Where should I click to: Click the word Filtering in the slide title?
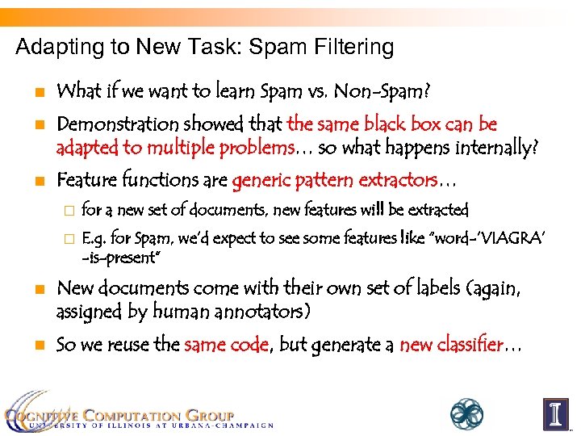[x=354, y=48]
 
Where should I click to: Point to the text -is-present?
[x=122, y=258]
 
